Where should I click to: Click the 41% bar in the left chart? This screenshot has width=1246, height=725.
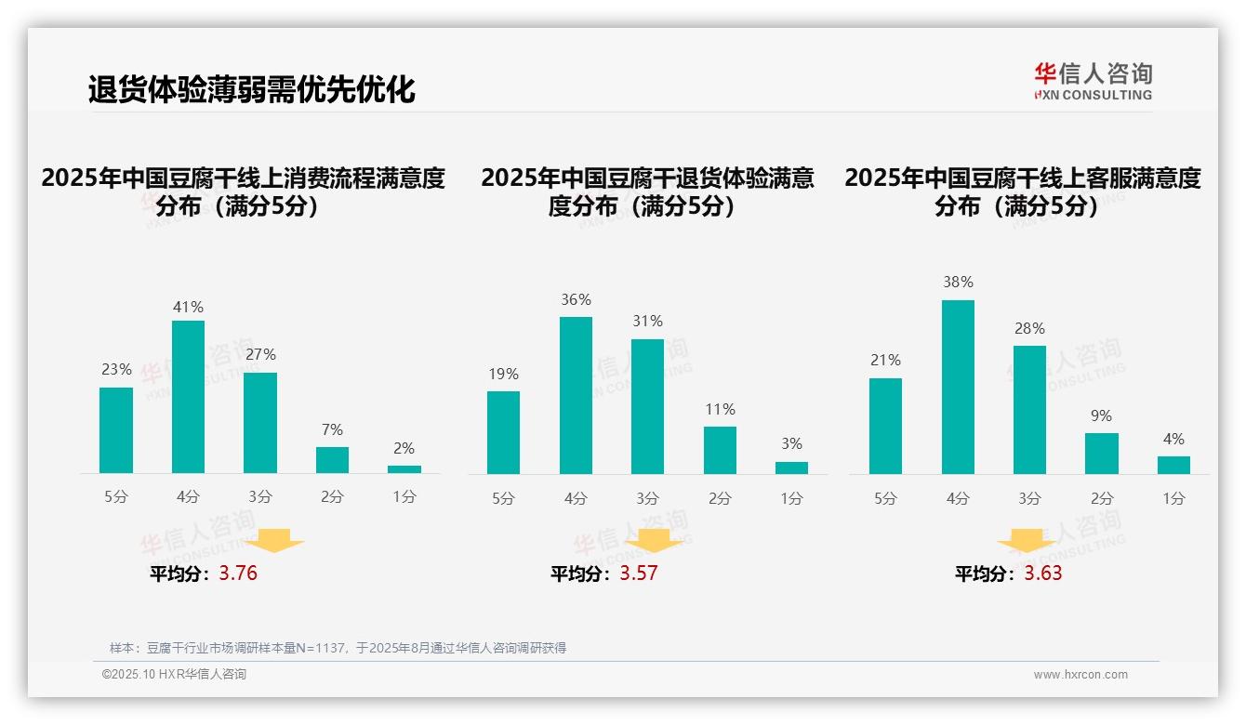coord(188,397)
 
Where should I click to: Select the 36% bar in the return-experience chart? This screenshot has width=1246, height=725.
coord(576,395)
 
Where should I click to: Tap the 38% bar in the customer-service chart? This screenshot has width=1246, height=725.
coord(958,387)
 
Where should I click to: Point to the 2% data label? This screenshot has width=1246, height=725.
coord(404,448)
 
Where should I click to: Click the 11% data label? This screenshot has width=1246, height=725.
coord(720,409)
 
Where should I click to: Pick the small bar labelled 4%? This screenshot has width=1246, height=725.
coord(1173,465)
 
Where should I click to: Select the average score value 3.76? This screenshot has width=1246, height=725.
coord(238,573)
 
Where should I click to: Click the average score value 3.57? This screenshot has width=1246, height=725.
coord(639,573)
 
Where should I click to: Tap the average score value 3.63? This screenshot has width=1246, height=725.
coord(1043,573)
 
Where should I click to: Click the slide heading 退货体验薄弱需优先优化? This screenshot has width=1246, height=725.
coord(251,90)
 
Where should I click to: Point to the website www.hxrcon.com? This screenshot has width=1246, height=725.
coord(1080,675)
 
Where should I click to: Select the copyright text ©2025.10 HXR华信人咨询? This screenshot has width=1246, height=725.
coord(174,675)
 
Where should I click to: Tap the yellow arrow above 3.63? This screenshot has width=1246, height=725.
coord(1027,542)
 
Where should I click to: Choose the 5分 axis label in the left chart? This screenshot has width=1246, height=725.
coord(116,497)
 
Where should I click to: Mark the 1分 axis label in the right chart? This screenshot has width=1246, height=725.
coord(1173,499)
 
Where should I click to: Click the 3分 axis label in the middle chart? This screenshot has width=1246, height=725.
coord(648,499)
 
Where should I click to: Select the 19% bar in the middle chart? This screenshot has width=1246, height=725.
coord(503,432)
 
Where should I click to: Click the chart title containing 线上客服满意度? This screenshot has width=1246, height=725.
coord(1022,191)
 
